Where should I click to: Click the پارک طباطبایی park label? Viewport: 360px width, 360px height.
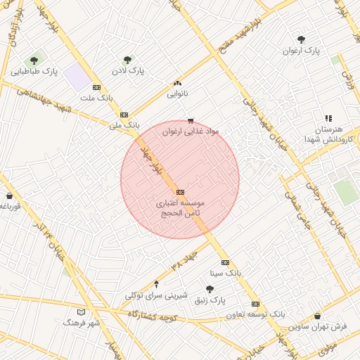(x=34, y=72)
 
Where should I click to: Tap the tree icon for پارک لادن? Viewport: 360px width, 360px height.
(x=127, y=60)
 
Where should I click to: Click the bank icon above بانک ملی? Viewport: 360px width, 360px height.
(x=124, y=114)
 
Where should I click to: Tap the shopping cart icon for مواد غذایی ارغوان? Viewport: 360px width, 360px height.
(x=191, y=121)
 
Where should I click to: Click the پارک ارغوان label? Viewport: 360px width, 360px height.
(x=302, y=51)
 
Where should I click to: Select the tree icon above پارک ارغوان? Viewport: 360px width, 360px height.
(x=302, y=40)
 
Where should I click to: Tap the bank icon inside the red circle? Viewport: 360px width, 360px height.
(x=180, y=191)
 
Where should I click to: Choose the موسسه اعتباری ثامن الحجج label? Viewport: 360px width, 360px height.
(x=179, y=207)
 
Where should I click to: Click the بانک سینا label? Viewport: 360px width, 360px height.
(x=226, y=272)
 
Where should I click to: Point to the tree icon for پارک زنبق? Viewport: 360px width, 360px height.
(x=210, y=288)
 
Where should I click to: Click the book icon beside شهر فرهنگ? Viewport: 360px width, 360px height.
(x=81, y=311)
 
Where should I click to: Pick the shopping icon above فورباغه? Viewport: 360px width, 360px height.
(x=9, y=195)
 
